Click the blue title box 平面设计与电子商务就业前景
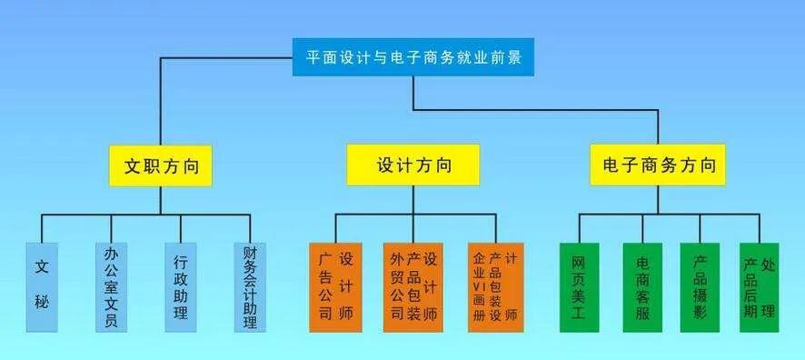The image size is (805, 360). click(x=413, y=58)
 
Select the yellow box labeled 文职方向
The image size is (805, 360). click(x=161, y=166)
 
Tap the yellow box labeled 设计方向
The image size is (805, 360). click(x=412, y=166)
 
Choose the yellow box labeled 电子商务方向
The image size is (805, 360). click(x=659, y=166)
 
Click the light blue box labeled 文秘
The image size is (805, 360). click(x=42, y=285)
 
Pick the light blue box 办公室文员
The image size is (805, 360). click(x=111, y=285)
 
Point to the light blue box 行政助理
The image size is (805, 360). click(x=180, y=285)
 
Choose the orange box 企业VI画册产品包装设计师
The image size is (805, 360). click(x=496, y=285)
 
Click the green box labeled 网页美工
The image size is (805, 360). click(x=579, y=285)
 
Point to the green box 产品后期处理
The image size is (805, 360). click(x=760, y=285)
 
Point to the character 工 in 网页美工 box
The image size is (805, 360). click(x=579, y=315)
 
